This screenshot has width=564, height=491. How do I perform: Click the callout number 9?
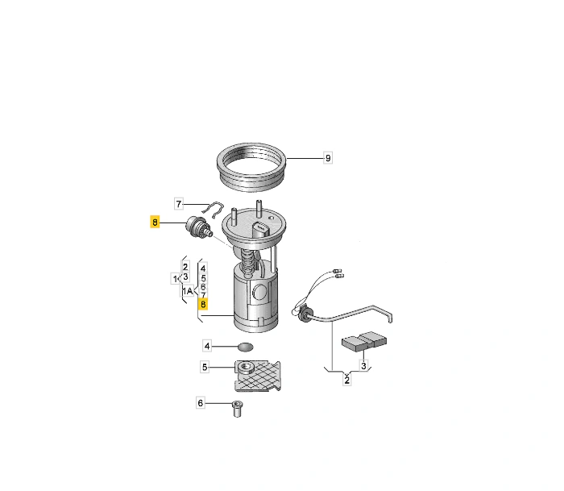coord(328,158)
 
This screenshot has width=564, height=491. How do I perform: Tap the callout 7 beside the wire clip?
coord(179,204)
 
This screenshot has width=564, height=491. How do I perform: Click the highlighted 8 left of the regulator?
coord(155,222)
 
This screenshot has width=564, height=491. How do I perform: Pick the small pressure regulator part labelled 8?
coord(199,227)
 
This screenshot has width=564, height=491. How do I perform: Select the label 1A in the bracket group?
coord(188,291)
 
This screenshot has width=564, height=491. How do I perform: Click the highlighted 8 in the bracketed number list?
coord(203,305)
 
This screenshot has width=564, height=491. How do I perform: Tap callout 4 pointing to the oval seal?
coord(207,346)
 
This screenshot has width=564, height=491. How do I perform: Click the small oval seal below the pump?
coord(246,347)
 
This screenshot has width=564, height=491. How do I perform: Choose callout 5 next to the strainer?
coord(205,367)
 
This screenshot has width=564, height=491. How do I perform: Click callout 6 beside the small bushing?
coord(201,403)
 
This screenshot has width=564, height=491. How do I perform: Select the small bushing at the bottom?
coord(237,409)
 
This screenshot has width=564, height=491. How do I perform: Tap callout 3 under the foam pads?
coord(363,366)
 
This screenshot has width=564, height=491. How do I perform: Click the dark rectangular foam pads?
coord(363,341)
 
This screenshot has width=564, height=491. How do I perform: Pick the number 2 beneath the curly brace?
coord(346,380)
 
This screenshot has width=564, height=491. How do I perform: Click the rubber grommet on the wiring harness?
coord(305,314)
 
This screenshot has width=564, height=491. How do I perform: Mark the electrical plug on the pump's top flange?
coord(261,231)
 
